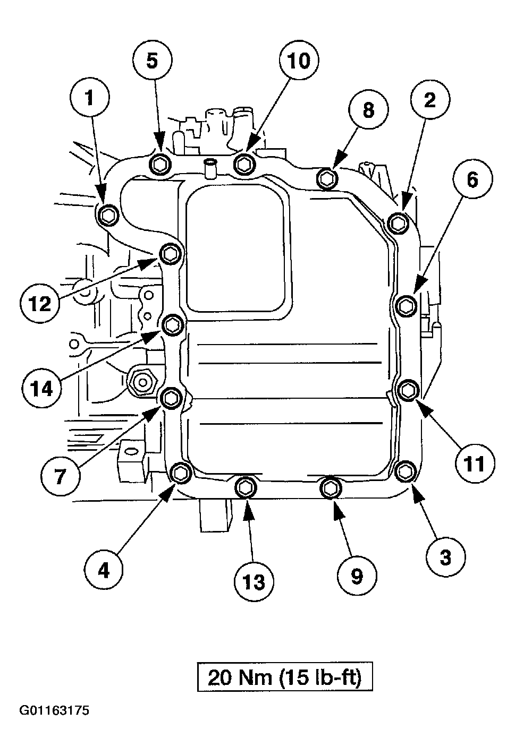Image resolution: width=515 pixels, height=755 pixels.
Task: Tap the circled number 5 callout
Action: tap(152, 61)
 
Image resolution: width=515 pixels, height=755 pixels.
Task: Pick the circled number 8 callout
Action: tap(368, 110)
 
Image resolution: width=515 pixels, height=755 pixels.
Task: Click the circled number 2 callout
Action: tap(429, 99)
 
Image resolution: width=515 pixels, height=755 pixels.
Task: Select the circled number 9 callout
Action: tap(357, 576)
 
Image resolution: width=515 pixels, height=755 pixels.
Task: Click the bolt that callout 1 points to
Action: tap(107, 215)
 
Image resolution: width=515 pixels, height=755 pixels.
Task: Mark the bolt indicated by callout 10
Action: tap(244, 164)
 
